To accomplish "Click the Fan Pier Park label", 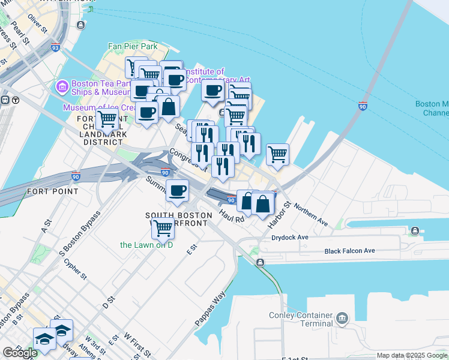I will pos(132,46).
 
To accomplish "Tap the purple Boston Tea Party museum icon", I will pos(62,88).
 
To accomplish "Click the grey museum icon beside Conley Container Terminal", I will pos(342,317).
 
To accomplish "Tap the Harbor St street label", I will pos(280,214).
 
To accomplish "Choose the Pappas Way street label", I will pos(209,309).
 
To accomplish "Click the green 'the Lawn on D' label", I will pos(146,245).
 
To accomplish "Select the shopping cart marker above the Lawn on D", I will pos(163,227).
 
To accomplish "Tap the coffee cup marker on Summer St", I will pos(176,190).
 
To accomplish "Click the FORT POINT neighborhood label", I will pos(52,191).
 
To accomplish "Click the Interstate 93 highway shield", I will pos(55,47).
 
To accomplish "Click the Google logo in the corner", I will pos(20,353).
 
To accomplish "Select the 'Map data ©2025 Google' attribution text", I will pos(411,355).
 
